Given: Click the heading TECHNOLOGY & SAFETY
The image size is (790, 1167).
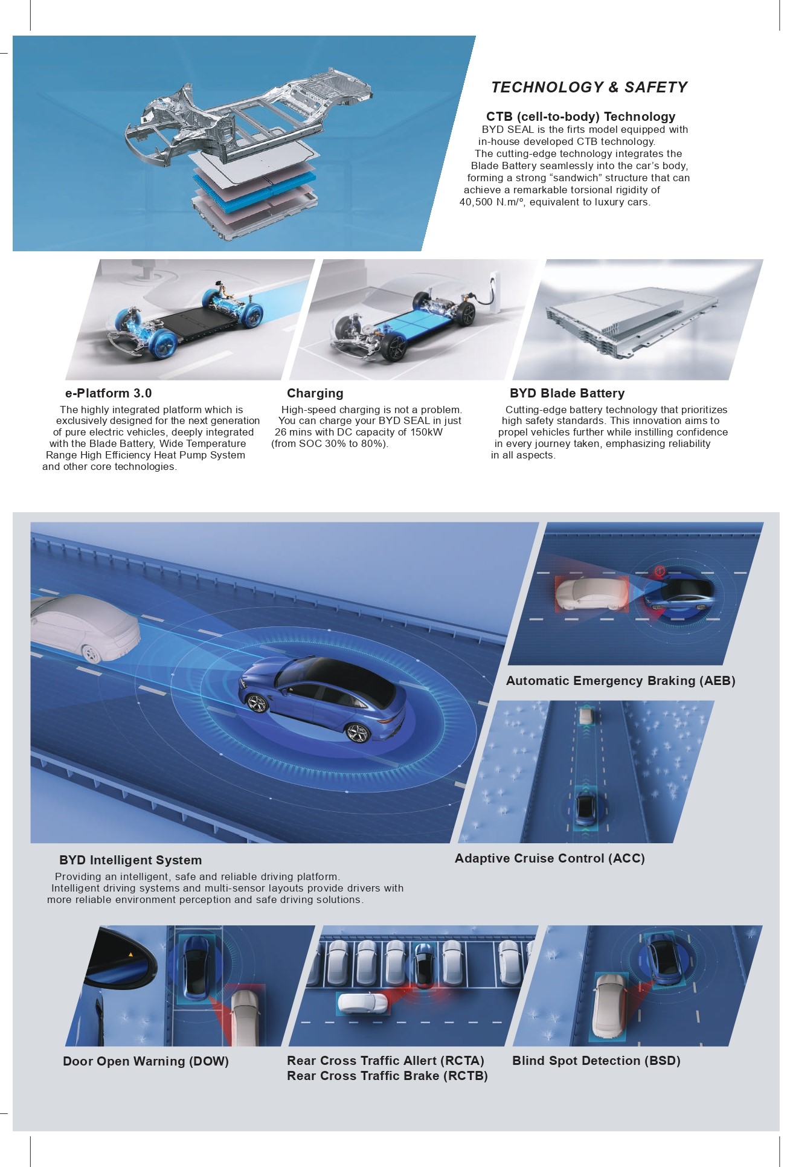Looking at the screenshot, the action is click(589, 88).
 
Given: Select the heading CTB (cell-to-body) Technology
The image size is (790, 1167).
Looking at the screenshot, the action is click(580, 117).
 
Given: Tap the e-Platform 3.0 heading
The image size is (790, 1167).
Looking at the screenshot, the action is click(109, 393).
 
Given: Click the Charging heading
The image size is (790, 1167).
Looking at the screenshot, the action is click(315, 393).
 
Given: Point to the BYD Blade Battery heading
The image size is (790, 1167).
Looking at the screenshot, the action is click(567, 393).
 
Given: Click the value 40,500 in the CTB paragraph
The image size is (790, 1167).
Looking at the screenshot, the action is click(476, 202).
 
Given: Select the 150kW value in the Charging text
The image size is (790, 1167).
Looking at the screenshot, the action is click(426, 432).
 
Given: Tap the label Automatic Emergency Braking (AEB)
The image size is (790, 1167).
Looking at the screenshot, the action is click(621, 681).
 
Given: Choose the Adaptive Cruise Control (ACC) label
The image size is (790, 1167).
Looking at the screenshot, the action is click(550, 858).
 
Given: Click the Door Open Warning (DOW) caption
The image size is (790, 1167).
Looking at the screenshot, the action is click(146, 1061).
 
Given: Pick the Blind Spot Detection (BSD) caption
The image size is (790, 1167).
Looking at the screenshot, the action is click(596, 1061).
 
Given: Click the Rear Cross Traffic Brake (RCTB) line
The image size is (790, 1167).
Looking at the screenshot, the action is click(387, 1076).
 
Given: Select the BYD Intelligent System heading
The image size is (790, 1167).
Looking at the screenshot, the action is click(130, 860).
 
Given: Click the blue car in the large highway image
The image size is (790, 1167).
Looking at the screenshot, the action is click(323, 701).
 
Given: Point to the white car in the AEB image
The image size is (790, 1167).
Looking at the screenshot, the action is click(591, 593).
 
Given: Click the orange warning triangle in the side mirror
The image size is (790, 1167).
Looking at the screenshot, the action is click(130, 954).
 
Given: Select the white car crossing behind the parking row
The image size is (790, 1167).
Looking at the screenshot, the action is click(362, 1003).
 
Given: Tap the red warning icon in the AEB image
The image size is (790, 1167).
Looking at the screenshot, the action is click(660, 570).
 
